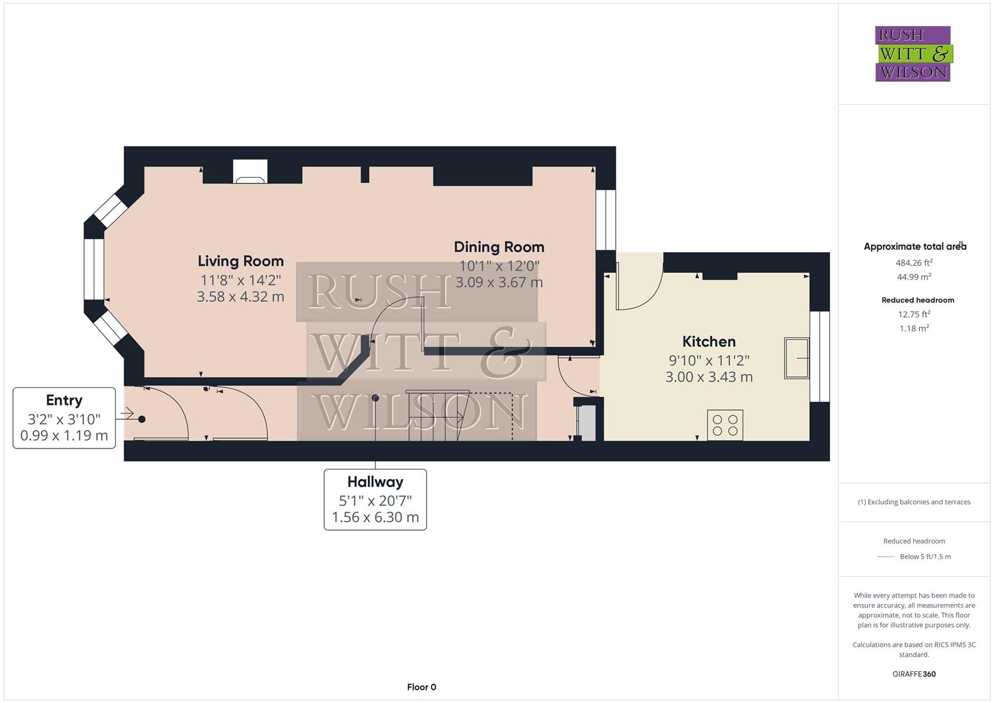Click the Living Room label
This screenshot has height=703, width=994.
240,261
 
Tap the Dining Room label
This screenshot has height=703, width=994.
499,247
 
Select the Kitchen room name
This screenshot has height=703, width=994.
709,341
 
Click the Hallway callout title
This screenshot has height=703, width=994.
375,482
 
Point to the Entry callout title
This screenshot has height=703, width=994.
64,400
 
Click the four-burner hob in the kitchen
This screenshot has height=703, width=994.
725,424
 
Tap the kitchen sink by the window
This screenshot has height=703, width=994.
797,358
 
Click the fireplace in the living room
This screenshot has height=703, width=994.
250,172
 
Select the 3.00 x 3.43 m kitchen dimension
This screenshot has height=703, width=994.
709,377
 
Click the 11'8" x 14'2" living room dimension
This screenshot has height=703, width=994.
240,280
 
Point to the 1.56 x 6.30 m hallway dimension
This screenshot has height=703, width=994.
375,517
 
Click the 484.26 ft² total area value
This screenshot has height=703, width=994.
914,262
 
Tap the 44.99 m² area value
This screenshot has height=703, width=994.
914,277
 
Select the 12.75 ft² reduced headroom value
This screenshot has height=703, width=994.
914,314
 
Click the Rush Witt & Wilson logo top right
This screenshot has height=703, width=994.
914,53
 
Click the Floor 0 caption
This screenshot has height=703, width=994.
421,687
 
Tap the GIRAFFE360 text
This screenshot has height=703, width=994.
914,674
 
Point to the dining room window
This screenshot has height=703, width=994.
606,220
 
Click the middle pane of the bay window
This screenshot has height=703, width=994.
94,269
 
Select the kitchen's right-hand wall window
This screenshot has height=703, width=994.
820,357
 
